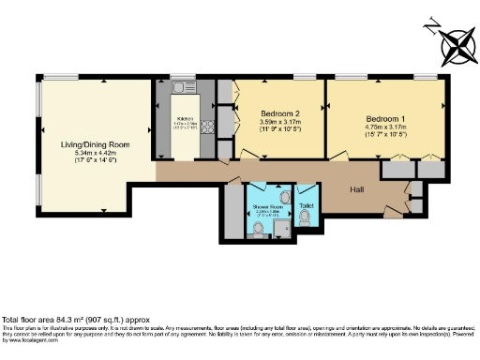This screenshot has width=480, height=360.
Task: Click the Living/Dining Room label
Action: click(95, 145)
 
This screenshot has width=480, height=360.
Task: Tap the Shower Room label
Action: click(268, 205)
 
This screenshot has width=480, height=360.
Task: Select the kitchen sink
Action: click(184, 88)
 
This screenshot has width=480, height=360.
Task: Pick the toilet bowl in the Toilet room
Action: click(306, 217)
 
